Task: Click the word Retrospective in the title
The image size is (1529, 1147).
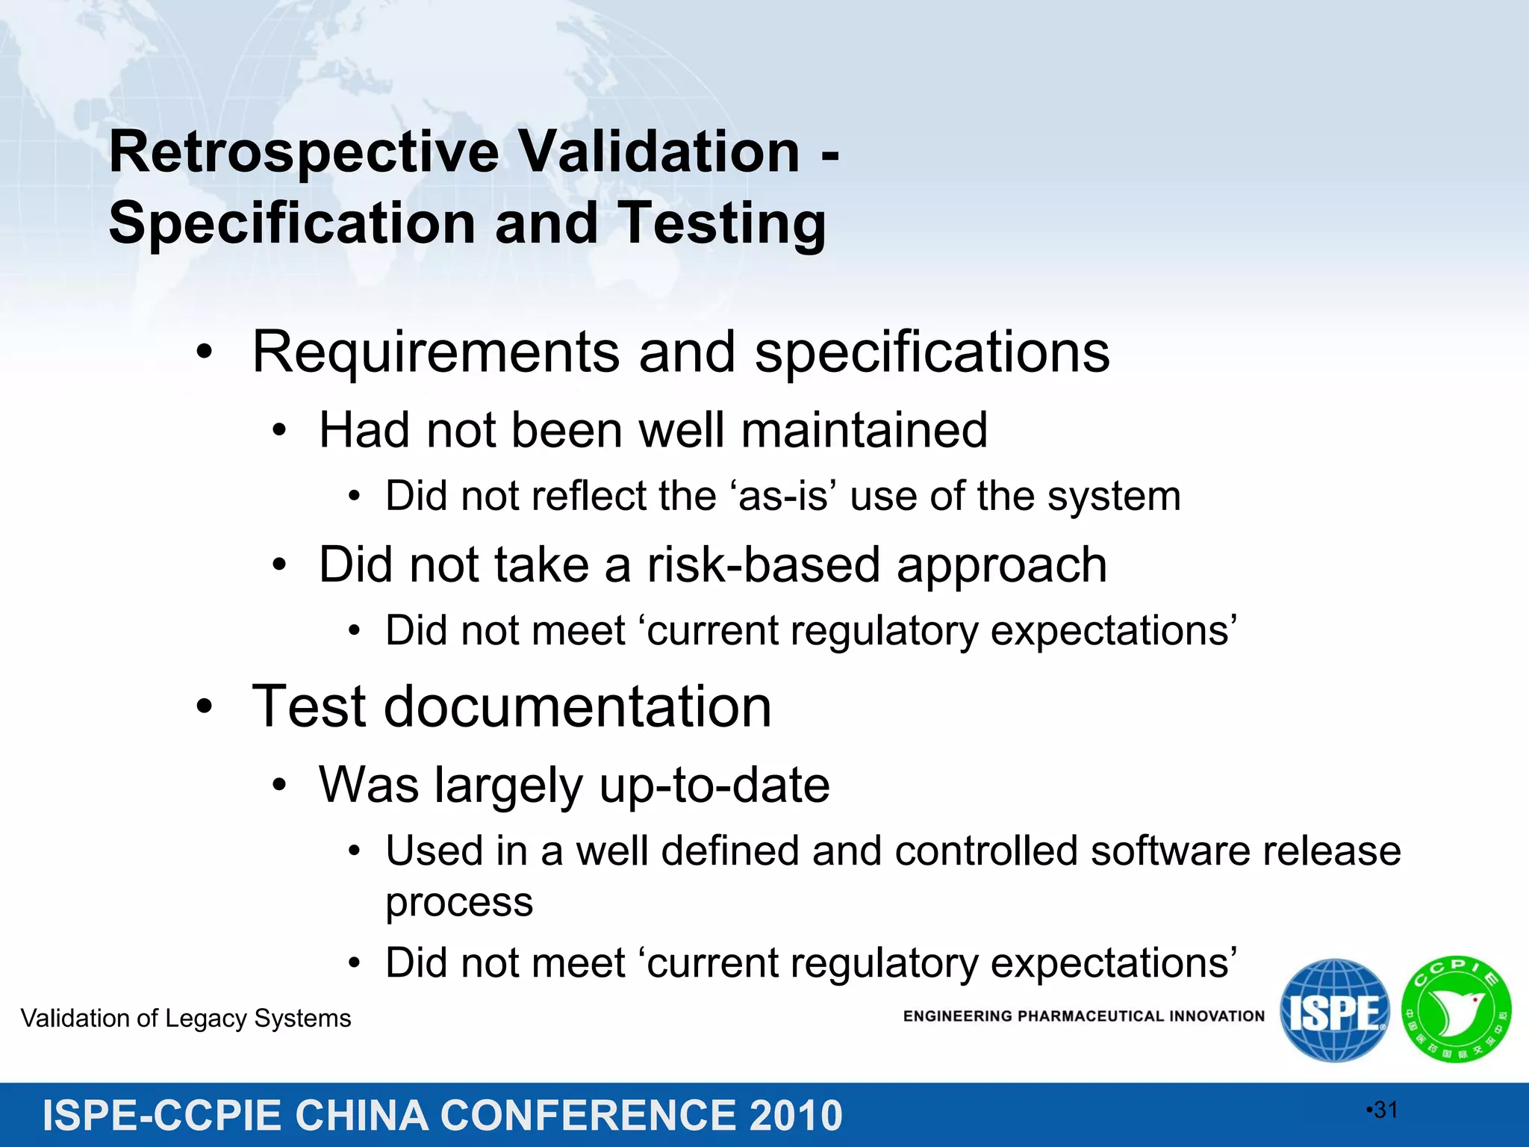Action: coord(304,153)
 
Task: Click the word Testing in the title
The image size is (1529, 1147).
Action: coord(723,224)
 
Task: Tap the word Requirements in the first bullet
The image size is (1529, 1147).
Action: coord(435,352)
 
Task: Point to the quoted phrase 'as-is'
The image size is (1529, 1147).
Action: coord(782,497)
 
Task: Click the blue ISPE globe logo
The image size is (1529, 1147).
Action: coord(1335,1010)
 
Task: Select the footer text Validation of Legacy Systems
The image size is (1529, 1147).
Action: coord(186,1019)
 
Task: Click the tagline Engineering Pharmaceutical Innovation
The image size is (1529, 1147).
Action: coord(1083,1016)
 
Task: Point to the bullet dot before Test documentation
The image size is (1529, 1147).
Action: coord(205,707)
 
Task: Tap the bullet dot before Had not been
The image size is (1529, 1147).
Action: coord(279,432)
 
